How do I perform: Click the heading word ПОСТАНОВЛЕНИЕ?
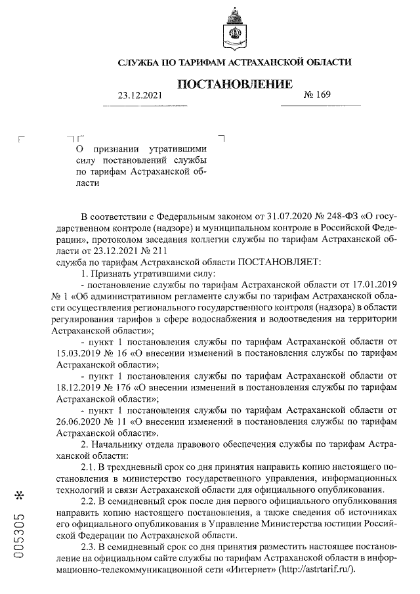pyautogui.click(x=234, y=84)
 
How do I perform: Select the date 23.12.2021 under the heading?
pyautogui.click(x=139, y=96)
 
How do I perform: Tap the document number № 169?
pyautogui.click(x=318, y=96)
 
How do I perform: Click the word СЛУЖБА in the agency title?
pyautogui.click(x=138, y=62)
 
